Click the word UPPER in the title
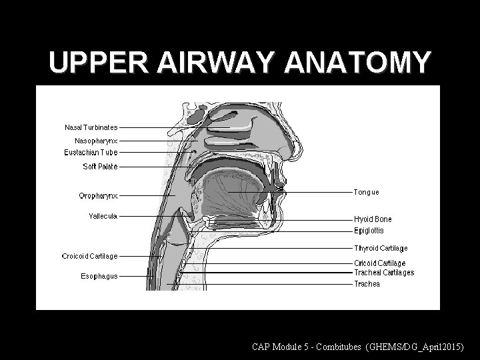click(99, 63)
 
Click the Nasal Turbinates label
click(91, 127)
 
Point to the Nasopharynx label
click(95, 141)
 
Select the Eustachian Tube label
click(91, 153)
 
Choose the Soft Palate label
click(100, 166)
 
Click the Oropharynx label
click(98, 195)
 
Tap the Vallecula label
click(103, 215)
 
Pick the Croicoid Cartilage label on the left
click(89, 255)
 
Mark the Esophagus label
click(99, 275)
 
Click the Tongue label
click(366, 192)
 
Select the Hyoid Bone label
click(373, 219)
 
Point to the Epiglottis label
click(369, 231)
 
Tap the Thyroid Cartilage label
click(381, 249)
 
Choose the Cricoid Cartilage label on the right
click(379, 263)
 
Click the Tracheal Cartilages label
click(383, 272)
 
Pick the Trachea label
click(367, 284)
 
